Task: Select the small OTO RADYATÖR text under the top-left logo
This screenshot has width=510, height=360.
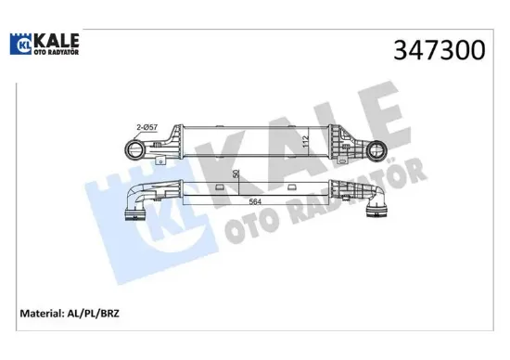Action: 55,52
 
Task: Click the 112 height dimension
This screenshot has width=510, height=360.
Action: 304,142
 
